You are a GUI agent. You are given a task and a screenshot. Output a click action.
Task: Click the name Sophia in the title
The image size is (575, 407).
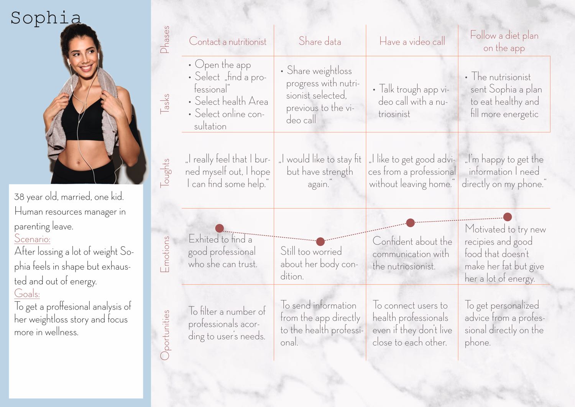46,18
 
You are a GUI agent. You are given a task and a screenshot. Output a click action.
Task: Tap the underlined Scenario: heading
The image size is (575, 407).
32,239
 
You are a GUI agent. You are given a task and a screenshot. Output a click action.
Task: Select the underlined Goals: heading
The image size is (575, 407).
27,294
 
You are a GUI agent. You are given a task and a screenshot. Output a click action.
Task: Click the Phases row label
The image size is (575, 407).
164,39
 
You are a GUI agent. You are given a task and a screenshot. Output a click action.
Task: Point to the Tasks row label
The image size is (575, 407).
164,103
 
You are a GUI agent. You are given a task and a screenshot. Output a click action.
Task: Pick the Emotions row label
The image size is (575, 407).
164,254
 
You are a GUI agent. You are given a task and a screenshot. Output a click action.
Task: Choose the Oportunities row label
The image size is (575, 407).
164,335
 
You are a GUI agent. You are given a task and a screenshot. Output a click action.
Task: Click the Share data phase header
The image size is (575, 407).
320,41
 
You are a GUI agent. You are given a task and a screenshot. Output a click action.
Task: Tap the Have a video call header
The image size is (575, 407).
412,41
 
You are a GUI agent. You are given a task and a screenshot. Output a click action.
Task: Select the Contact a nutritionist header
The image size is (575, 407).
228,41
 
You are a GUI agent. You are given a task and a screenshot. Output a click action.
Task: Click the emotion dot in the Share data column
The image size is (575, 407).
320,242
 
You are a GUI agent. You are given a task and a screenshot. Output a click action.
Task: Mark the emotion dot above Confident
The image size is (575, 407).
410,223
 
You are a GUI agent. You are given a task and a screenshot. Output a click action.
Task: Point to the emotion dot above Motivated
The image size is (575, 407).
508,217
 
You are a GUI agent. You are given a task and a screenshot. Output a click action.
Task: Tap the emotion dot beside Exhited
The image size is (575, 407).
220,228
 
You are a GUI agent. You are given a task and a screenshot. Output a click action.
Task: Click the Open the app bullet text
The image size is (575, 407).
223,65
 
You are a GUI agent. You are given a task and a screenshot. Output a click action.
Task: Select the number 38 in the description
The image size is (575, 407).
19,197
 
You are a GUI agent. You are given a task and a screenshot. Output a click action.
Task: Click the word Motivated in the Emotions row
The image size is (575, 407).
485,229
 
